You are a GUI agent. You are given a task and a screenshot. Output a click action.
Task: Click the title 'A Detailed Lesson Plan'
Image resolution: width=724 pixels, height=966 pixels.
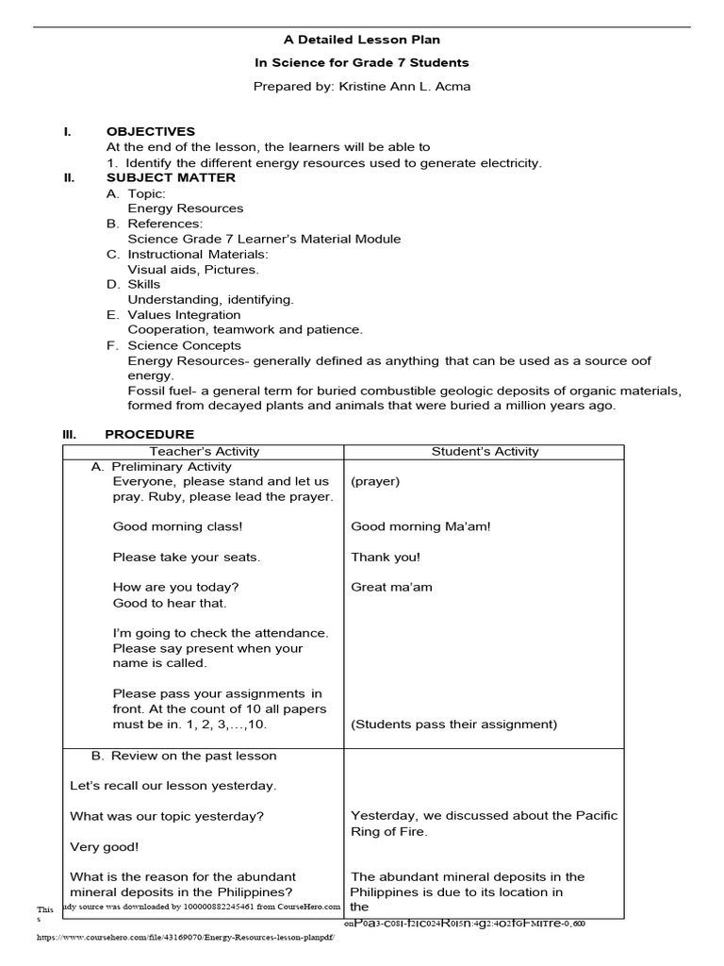[x=362, y=40]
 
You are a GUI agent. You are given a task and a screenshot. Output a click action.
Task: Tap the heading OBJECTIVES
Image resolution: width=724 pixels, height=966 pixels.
[x=151, y=132]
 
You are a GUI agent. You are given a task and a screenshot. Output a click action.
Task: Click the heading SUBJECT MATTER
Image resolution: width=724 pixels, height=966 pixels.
[x=171, y=177]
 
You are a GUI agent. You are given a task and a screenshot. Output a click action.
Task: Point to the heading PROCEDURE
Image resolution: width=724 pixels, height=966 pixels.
[x=149, y=434]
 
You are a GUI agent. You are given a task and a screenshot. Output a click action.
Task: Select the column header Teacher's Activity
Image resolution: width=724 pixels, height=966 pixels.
[x=205, y=452]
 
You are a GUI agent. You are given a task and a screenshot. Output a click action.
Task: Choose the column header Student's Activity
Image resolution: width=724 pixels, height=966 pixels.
[x=485, y=452]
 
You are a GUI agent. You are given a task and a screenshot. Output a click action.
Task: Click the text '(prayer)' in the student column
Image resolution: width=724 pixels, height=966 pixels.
[x=375, y=482]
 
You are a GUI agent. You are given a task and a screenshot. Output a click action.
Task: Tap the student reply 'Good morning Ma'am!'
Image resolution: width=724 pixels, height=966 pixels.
[x=420, y=527]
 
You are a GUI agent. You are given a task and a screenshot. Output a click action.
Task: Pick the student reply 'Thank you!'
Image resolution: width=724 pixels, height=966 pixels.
[x=386, y=558]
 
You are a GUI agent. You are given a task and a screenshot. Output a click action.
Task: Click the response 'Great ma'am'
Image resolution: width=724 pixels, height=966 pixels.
[x=391, y=588]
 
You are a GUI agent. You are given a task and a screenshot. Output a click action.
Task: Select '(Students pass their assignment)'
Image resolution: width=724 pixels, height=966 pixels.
[x=453, y=724]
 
